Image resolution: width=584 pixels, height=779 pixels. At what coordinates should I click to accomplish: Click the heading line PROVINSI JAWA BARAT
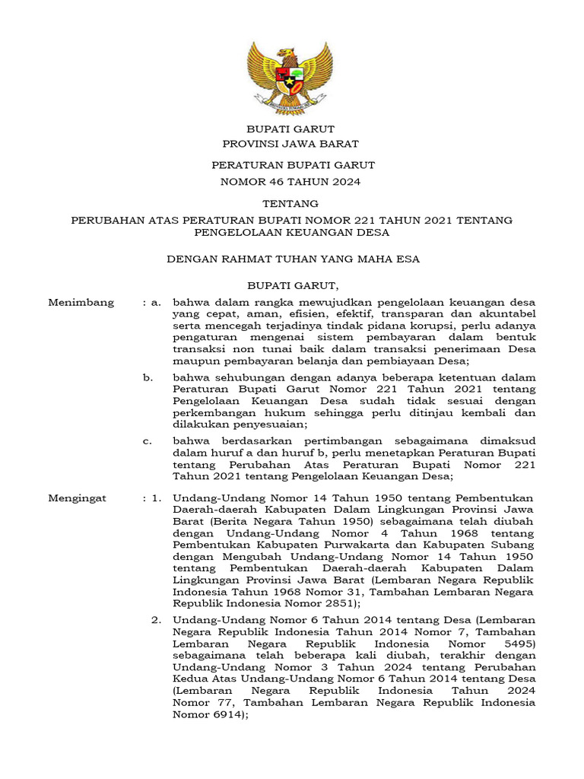(x=290, y=144)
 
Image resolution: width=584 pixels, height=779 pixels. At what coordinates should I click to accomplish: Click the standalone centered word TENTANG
(x=290, y=203)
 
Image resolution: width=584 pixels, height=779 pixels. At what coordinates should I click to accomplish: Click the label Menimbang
(x=81, y=302)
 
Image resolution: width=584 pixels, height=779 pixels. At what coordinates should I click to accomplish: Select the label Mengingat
(x=78, y=498)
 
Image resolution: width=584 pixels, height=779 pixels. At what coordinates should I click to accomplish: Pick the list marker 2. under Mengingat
(x=157, y=621)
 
